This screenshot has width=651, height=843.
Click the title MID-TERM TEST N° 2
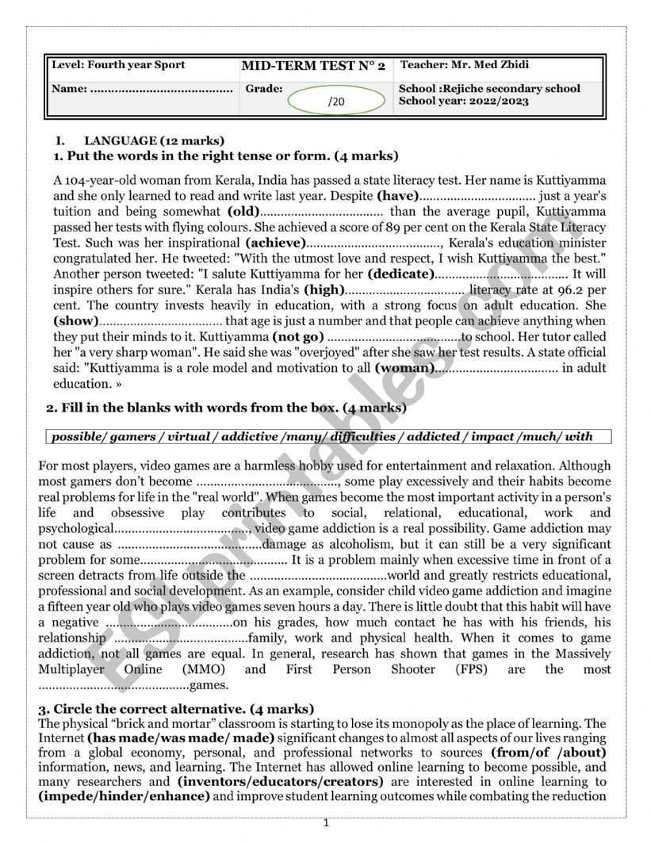pyautogui.click(x=313, y=66)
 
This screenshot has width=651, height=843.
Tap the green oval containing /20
pyautogui.click(x=335, y=102)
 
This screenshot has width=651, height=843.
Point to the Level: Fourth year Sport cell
pyautogui.click(x=118, y=65)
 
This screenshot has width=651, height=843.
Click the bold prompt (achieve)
pyautogui.click(x=275, y=243)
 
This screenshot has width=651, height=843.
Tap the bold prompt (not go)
pyautogui.click(x=298, y=336)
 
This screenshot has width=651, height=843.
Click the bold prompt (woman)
pyautogui.click(x=404, y=368)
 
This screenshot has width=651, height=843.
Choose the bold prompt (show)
pyautogui.click(x=76, y=321)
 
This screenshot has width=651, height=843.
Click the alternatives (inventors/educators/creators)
pyautogui.click(x=280, y=781)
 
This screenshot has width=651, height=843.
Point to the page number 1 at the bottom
pyautogui.click(x=326, y=823)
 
